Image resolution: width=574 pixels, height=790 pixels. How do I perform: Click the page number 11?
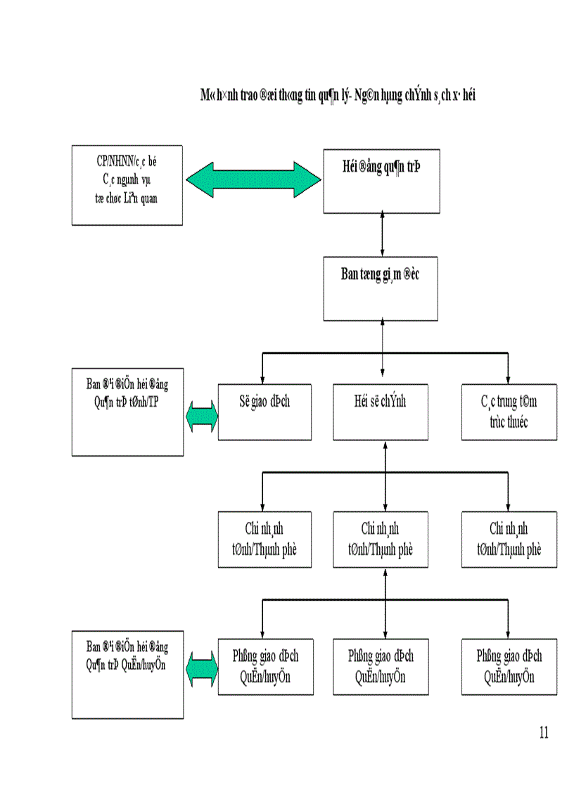543,732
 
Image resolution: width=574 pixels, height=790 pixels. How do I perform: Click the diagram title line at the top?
338,96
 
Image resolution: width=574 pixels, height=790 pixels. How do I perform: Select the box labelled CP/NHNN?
127,185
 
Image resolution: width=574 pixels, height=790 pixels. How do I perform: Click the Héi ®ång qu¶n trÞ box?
381,180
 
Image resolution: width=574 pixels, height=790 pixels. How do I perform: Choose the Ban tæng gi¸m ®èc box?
381,288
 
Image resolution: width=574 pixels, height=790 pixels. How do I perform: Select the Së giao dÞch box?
264,412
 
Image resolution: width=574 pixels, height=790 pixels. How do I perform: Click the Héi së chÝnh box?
381,412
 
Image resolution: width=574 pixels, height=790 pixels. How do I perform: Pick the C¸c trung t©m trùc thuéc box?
509,412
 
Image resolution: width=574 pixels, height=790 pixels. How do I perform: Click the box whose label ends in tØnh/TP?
127,412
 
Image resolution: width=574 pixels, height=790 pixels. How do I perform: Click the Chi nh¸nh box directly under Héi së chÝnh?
381,540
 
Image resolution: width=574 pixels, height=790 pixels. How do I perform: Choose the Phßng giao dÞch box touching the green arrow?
264,667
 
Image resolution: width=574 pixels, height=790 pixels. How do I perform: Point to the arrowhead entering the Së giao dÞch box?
262,378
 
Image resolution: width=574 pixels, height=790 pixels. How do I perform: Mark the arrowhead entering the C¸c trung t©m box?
508,378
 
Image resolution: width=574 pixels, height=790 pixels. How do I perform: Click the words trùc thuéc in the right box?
509,422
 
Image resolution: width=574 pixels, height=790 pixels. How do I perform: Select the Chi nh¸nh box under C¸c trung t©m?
509,540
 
